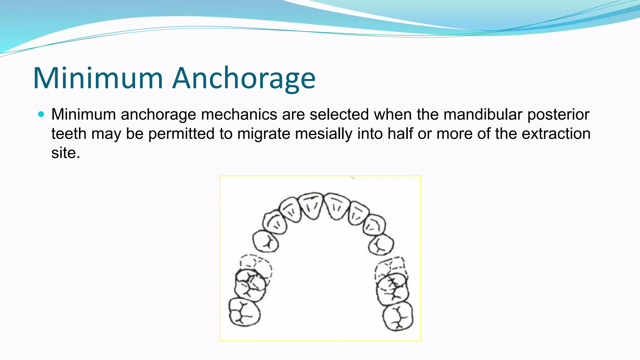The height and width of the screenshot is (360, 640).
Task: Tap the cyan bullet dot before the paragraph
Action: click(x=41, y=114)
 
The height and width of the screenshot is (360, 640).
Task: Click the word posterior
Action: click(x=558, y=114)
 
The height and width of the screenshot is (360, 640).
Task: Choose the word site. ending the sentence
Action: click(x=66, y=153)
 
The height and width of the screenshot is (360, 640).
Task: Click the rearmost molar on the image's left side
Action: click(x=244, y=312)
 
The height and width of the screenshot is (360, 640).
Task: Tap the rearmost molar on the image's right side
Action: click(x=398, y=316)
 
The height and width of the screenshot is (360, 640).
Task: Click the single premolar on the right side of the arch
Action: click(x=381, y=244)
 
